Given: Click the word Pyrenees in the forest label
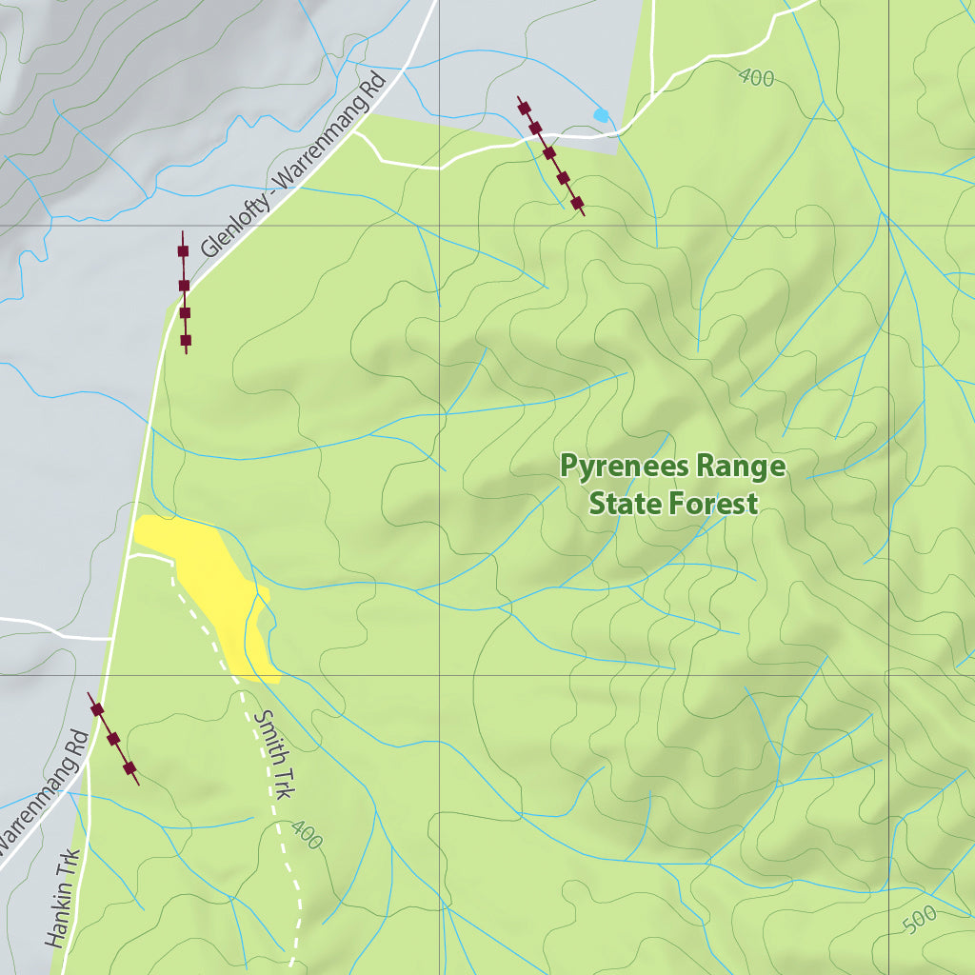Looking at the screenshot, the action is point(616,468).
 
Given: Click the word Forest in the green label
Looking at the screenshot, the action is point(713,503).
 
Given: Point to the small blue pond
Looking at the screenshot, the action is point(601,115).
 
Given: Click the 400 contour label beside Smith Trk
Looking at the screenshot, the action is point(307,834).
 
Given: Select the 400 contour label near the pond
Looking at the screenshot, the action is point(755,78).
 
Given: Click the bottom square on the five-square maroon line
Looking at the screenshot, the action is point(577,202).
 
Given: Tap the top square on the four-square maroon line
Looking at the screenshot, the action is point(183,251).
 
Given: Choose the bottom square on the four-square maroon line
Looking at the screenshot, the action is point(186,340).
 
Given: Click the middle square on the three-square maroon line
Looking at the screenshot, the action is point(113,739).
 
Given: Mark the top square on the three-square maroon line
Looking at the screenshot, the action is point(96,708).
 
